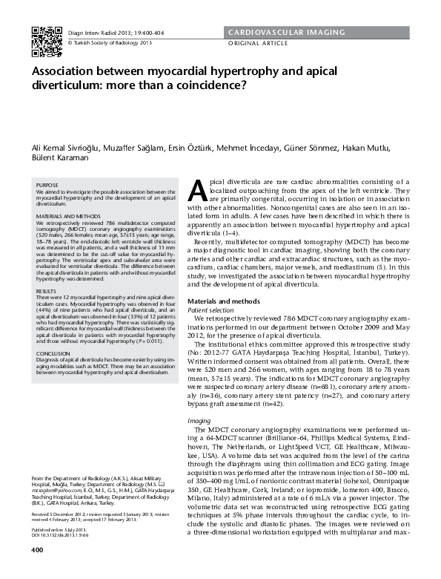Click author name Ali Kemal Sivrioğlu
click(x=69, y=147)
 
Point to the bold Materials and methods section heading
click(x=227, y=301)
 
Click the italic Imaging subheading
click(x=199, y=420)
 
